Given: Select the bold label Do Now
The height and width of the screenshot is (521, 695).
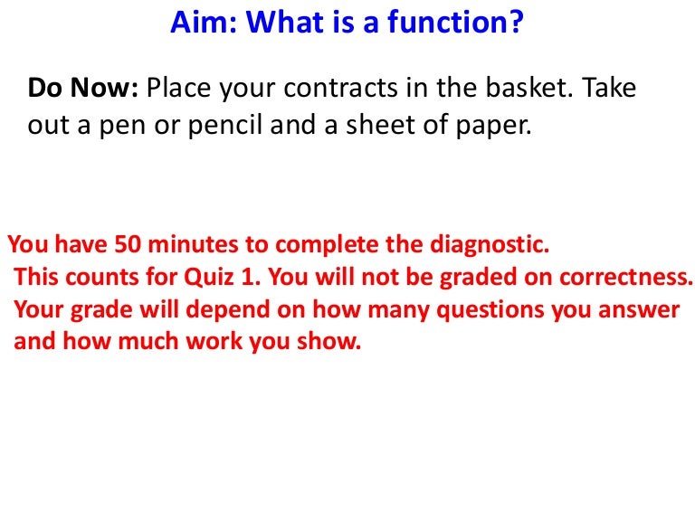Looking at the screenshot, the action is [83, 87].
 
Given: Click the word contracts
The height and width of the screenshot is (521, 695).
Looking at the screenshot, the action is [341, 88].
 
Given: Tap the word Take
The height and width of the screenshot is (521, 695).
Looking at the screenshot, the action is [609, 87].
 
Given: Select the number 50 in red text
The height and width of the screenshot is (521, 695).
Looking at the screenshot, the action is [128, 244].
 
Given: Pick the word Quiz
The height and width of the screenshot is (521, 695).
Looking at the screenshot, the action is [209, 278].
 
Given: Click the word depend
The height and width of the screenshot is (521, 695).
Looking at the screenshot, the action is [228, 310].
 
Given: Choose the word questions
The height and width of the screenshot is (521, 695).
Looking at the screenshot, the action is [490, 310].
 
